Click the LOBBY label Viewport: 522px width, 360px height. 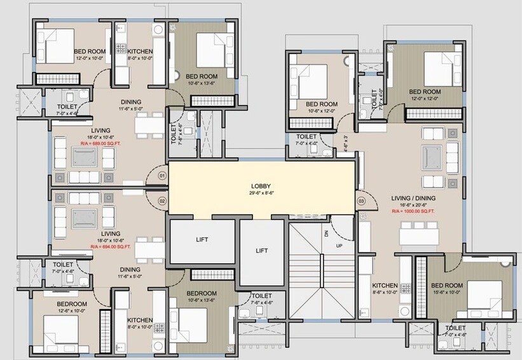(261, 186)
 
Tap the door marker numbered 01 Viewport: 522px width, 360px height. (161, 176)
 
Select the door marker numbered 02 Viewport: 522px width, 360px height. (161, 202)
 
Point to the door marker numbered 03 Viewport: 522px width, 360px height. (362, 202)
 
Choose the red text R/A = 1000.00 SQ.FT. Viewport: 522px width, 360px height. (413, 211)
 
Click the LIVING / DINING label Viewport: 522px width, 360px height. (413, 198)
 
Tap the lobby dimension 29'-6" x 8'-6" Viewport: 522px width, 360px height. (261, 193)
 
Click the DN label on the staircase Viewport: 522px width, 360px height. (327, 233)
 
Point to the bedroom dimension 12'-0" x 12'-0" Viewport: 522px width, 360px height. (425, 99)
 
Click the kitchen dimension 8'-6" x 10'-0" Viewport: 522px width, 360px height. (385, 293)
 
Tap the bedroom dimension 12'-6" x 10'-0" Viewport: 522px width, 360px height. (71, 312)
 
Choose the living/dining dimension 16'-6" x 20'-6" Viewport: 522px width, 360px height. (413, 204)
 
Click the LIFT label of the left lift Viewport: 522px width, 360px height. (201, 240)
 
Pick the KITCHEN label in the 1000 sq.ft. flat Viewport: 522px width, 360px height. (385, 286)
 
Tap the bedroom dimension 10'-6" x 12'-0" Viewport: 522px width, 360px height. (321, 111)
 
